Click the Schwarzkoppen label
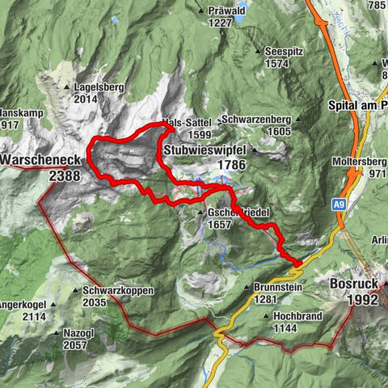(x=117, y=290)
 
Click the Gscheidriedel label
(x=237, y=212)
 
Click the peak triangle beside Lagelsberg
(x=67, y=86)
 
